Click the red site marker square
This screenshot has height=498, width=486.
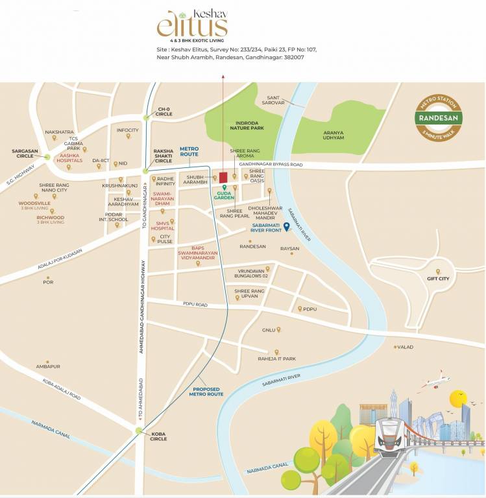pos(223,177)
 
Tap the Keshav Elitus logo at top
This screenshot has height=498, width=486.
pos(192,24)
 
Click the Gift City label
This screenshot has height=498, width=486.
pos(439,283)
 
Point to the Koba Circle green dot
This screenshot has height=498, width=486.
pos(138,430)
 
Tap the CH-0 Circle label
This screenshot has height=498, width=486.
pos(164,112)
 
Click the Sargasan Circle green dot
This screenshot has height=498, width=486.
pos(46,156)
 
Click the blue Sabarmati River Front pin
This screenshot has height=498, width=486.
pos(286,226)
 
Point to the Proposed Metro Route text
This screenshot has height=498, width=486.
pos(206,392)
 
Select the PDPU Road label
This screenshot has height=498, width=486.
pos(194,304)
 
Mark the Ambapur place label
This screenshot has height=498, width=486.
pos(48,366)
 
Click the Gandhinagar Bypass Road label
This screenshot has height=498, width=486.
pos(271,165)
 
